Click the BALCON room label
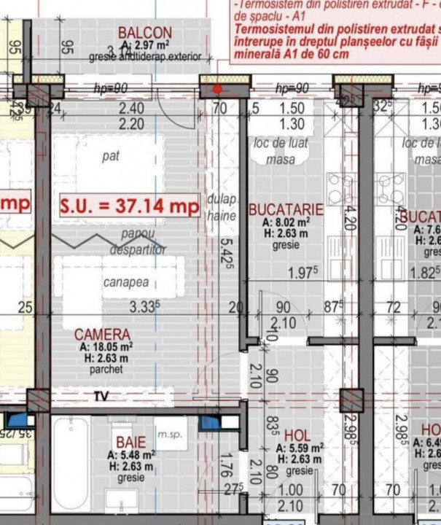tap(145, 33)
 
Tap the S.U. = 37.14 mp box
tap(130, 206)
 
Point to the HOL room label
tap(297, 435)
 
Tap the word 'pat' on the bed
tap(111, 156)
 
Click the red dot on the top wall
tap(218, 90)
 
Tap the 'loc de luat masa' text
tap(281, 151)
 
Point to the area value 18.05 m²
tap(106, 347)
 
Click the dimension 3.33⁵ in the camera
tap(145, 306)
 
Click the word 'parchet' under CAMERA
tap(103, 370)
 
